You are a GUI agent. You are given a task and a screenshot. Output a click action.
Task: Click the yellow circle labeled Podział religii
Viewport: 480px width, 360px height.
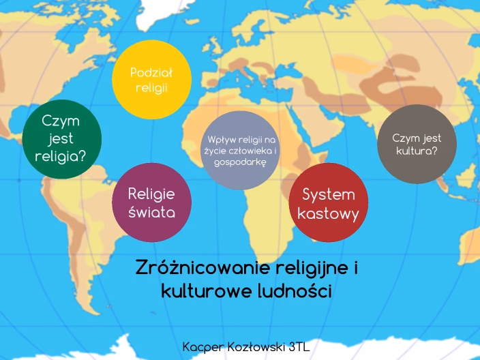[x=151, y=80]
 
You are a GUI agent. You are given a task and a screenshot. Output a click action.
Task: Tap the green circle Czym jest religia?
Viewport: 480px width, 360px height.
[x=61, y=138]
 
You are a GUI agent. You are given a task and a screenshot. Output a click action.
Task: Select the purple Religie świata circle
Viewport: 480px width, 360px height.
[x=151, y=202]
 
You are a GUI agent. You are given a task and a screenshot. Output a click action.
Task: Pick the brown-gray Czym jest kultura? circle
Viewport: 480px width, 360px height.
[x=417, y=144]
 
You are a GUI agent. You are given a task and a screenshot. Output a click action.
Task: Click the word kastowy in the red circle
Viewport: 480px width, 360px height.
[x=329, y=213]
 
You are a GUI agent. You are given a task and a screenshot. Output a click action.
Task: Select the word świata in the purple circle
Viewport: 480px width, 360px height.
[x=151, y=212]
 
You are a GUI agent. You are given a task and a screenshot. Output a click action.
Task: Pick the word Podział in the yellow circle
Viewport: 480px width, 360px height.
[x=151, y=72]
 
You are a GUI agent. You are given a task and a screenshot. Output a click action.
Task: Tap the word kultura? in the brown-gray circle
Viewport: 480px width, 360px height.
[x=417, y=151]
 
